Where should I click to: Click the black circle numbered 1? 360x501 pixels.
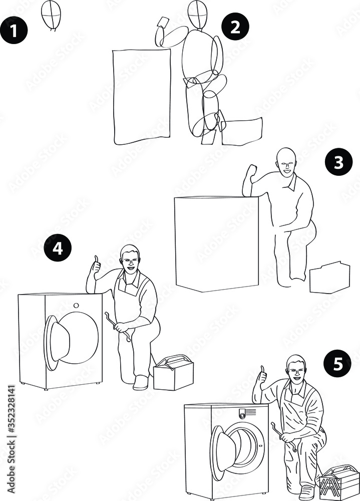point(13,31)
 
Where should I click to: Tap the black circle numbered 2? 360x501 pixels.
point(235,28)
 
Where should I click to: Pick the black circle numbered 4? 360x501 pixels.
point(58,248)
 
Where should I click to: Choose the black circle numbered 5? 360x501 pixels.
point(338,364)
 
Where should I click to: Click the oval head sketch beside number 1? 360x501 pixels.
point(51,15)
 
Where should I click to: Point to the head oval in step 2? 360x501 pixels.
point(197,15)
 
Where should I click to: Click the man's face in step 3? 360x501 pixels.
point(285,163)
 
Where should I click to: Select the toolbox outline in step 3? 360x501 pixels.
point(329,278)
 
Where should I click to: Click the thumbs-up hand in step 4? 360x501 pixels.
point(95,267)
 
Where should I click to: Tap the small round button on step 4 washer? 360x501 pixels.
point(76,305)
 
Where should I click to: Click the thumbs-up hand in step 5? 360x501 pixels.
point(261,378)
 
